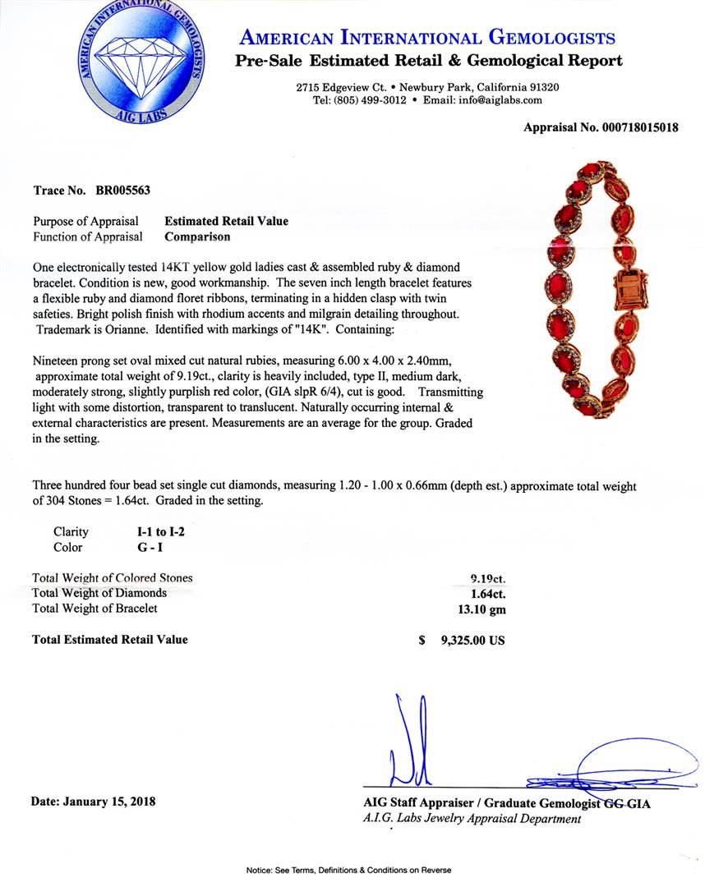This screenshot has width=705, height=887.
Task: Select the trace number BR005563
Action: [122, 191]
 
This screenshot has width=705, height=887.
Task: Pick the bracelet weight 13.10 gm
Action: [482, 609]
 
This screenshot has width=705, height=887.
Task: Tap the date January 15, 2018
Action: [93, 801]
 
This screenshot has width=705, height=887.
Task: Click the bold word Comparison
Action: [197, 237]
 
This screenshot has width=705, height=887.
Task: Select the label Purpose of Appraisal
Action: [85, 221]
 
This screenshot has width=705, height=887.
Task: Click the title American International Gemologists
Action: [426, 37]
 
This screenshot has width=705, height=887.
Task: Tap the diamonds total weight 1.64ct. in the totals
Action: [486, 593]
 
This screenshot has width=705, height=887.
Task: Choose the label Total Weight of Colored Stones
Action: [112, 577]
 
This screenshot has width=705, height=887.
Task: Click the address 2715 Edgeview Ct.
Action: [341, 87]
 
